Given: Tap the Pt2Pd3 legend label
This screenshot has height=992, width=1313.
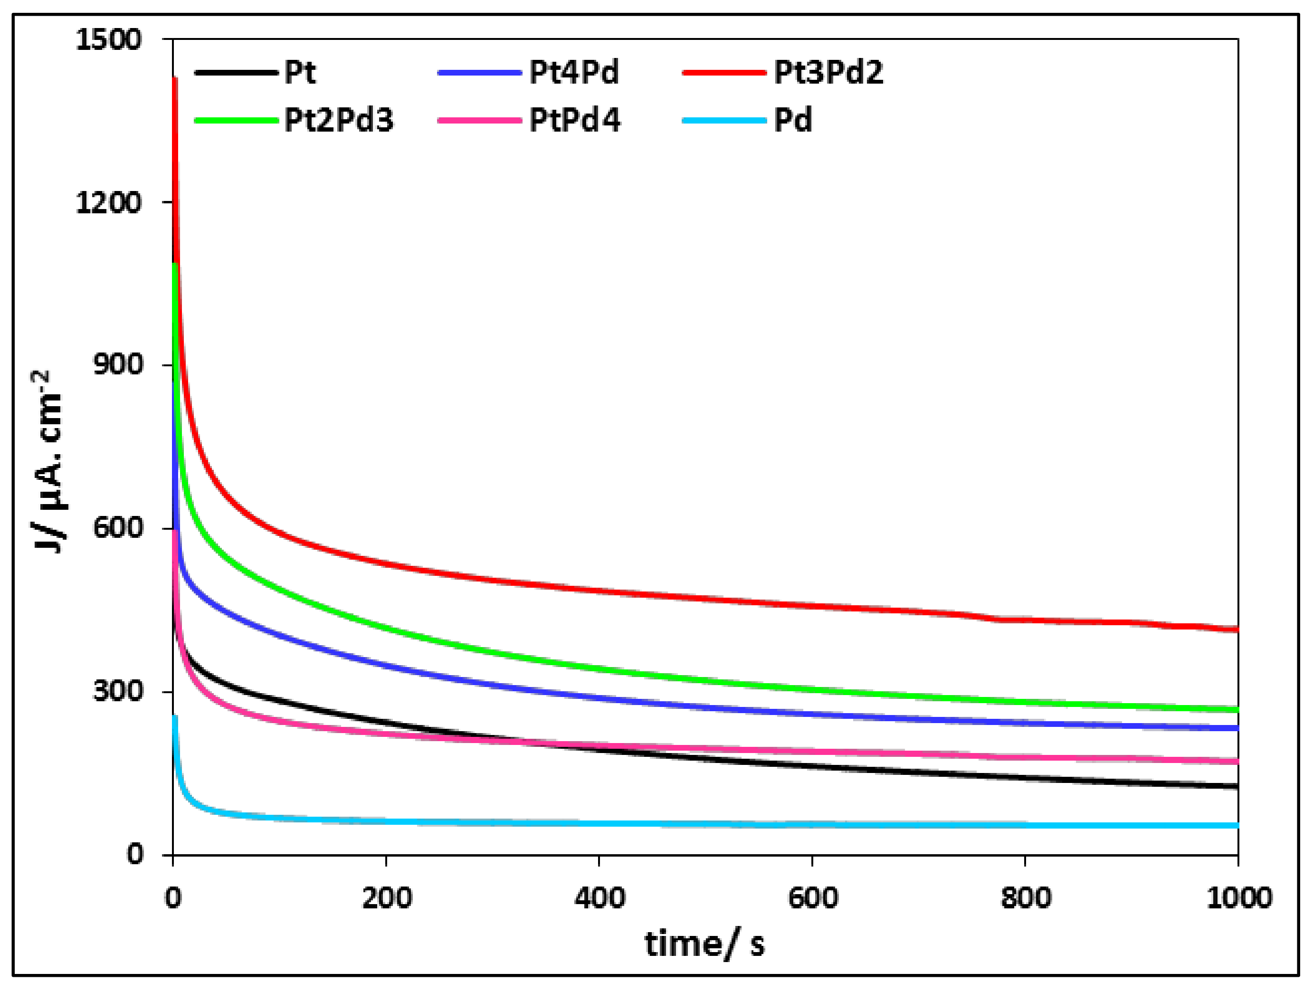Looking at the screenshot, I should (x=339, y=121).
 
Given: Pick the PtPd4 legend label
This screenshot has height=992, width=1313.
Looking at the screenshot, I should (x=575, y=121).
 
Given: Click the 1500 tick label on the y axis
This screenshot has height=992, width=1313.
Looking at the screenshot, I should (x=109, y=40).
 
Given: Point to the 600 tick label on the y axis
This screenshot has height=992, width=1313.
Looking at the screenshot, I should (x=118, y=528).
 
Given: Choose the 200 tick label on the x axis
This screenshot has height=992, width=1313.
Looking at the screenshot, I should (x=386, y=899).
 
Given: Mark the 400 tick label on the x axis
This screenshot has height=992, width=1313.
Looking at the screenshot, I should (x=599, y=899).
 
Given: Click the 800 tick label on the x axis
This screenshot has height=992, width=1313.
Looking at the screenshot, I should (x=1026, y=899).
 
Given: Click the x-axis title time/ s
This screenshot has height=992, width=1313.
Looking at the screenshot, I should (x=704, y=944).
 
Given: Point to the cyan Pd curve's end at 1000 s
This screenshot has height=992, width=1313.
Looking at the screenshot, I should (x=1237, y=826).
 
